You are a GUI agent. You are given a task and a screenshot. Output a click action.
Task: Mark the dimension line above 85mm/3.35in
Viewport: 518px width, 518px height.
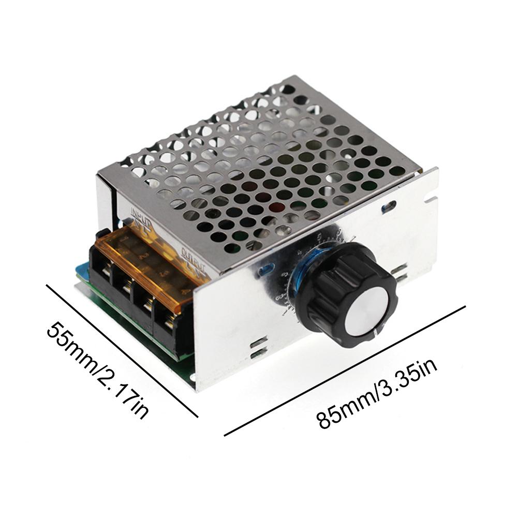tap(345, 371)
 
